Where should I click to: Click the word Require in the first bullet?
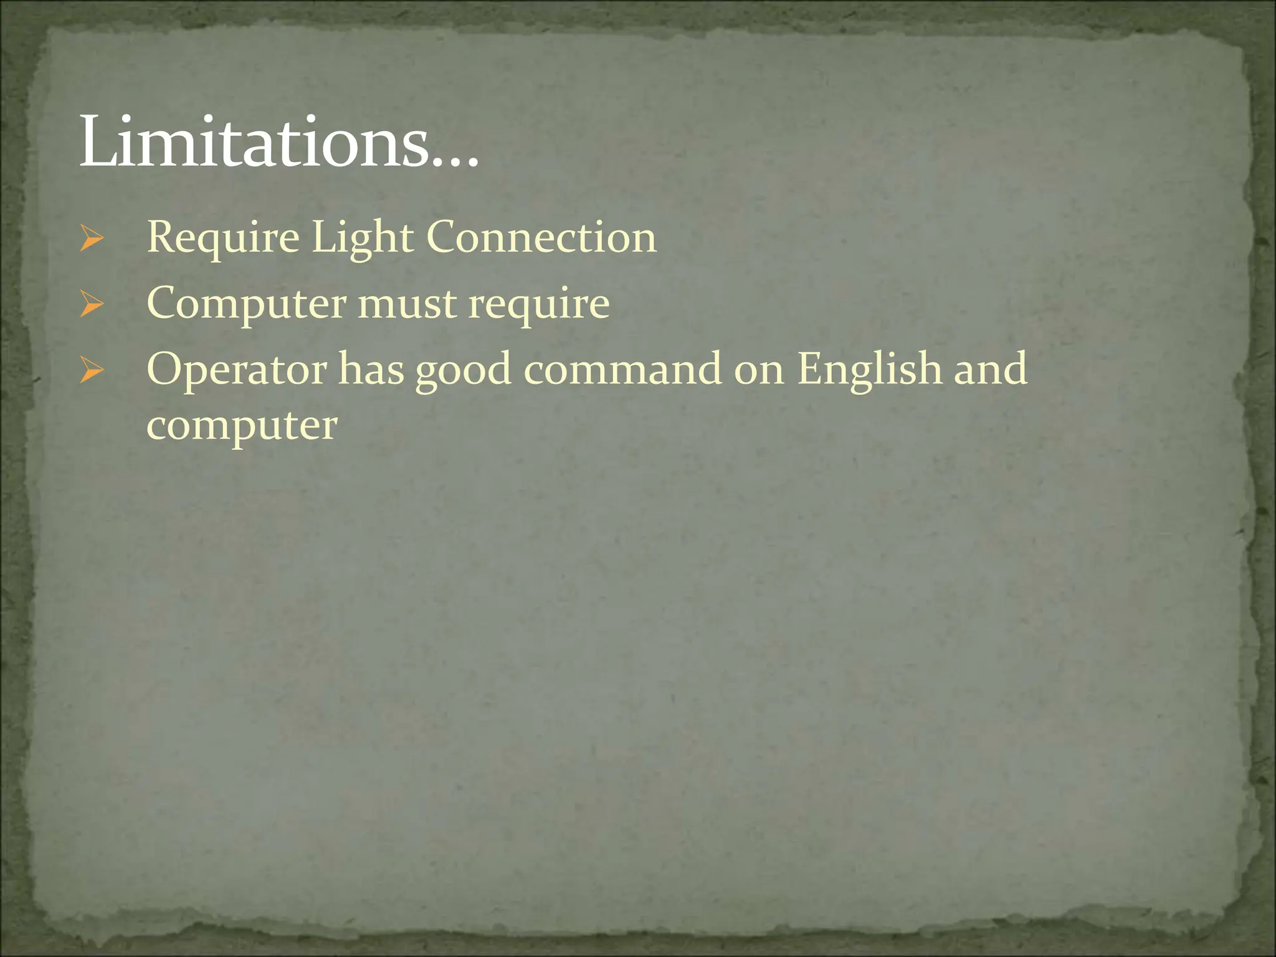(223, 239)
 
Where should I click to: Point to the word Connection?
(541, 237)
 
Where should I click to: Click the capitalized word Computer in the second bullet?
(247, 305)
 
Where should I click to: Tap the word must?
(407, 305)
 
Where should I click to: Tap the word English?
(870, 369)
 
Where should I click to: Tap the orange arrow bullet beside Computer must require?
(92, 305)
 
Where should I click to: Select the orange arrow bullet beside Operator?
(92, 371)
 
